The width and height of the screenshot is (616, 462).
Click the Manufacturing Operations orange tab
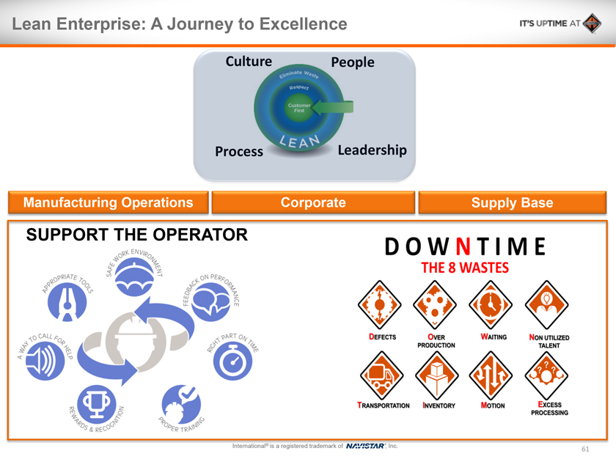(x=109, y=202)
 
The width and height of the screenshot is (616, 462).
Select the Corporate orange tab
(x=313, y=202)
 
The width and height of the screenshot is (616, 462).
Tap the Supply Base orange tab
(x=512, y=202)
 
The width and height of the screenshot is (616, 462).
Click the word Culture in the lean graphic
(x=249, y=62)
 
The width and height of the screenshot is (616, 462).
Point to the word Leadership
(x=372, y=150)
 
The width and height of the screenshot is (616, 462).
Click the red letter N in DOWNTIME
(x=464, y=247)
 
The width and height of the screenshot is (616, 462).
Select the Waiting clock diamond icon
(x=490, y=304)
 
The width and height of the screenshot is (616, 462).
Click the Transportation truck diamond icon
(x=379, y=375)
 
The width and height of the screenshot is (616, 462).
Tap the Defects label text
(x=383, y=337)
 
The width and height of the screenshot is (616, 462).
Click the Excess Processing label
(x=549, y=408)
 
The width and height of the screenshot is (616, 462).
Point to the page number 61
(x=585, y=449)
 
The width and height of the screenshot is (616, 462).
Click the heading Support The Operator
(x=136, y=235)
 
